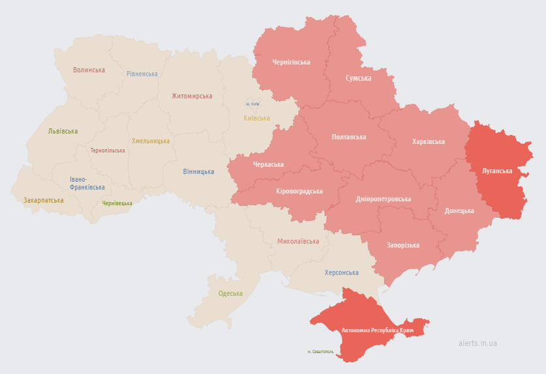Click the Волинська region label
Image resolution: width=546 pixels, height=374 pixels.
(x=89, y=70)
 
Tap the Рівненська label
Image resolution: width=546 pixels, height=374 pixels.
(x=142, y=74)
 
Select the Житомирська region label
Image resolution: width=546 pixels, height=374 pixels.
(x=192, y=96)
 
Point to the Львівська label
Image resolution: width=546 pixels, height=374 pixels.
(x=63, y=131)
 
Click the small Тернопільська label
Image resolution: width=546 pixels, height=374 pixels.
(x=108, y=151)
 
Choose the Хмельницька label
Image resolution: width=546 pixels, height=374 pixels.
(x=151, y=141)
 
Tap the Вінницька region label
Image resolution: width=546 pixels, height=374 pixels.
(x=198, y=171)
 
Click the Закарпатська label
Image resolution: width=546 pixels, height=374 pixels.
(x=44, y=200)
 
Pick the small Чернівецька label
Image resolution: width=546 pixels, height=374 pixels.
(x=117, y=203)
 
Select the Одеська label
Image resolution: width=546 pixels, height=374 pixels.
(x=230, y=293)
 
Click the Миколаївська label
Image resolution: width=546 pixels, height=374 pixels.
(x=298, y=241)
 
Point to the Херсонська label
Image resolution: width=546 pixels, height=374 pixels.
(x=342, y=272)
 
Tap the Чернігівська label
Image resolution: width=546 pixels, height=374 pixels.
(x=291, y=62)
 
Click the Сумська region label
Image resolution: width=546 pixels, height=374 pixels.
(x=358, y=78)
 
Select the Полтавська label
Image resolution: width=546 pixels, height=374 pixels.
(x=349, y=137)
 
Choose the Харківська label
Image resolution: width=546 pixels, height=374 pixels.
(x=429, y=141)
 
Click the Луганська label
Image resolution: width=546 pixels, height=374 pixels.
(x=497, y=171)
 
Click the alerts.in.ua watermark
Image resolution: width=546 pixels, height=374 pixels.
(x=478, y=343)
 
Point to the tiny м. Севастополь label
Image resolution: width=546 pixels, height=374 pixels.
(x=320, y=351)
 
